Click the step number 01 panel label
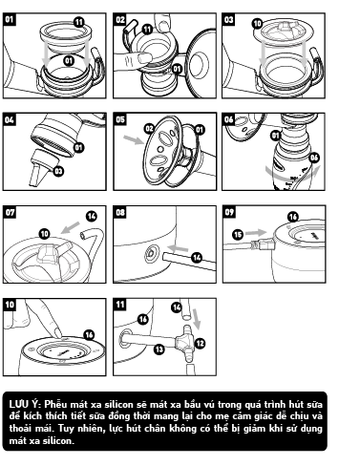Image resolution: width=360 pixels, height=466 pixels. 10,19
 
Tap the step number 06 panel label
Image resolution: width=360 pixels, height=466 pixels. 228,119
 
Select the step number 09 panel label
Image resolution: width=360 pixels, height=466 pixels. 229,212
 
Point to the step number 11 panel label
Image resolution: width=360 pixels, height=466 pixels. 120,305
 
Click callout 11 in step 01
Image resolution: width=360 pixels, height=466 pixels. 78,22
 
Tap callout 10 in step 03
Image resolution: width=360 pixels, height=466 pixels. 258,24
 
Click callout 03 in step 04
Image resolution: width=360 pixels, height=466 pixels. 58,171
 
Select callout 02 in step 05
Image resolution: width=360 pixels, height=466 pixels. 149,128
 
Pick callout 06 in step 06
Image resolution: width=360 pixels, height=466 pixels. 314,158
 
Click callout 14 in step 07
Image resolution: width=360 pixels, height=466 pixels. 92,216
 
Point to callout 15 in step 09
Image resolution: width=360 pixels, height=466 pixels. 238,235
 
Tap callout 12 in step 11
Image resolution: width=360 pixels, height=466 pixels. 201,344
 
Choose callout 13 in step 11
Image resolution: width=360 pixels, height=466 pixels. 159,349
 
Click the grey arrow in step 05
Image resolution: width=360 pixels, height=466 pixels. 134,139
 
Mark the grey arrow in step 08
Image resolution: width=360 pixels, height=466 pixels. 178,248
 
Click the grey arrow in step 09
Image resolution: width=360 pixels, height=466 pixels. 256,232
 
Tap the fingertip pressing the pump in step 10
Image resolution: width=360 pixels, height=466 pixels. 57,332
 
